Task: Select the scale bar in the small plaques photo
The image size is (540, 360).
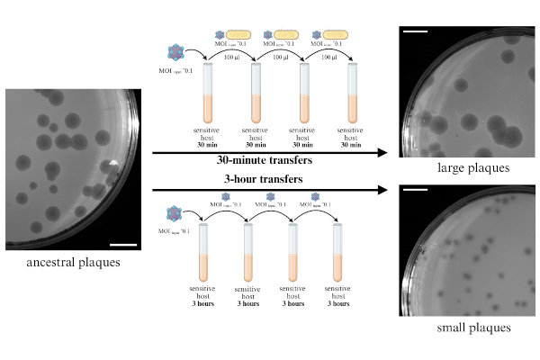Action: (x=415, y=190)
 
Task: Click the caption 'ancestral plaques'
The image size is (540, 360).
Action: (x=75, y=263)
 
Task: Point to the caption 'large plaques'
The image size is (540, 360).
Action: (x=448, y=167)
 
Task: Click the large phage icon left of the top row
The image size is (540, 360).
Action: (x=174, y=53)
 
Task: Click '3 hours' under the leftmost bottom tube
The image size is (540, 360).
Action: (x=202, y=303)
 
